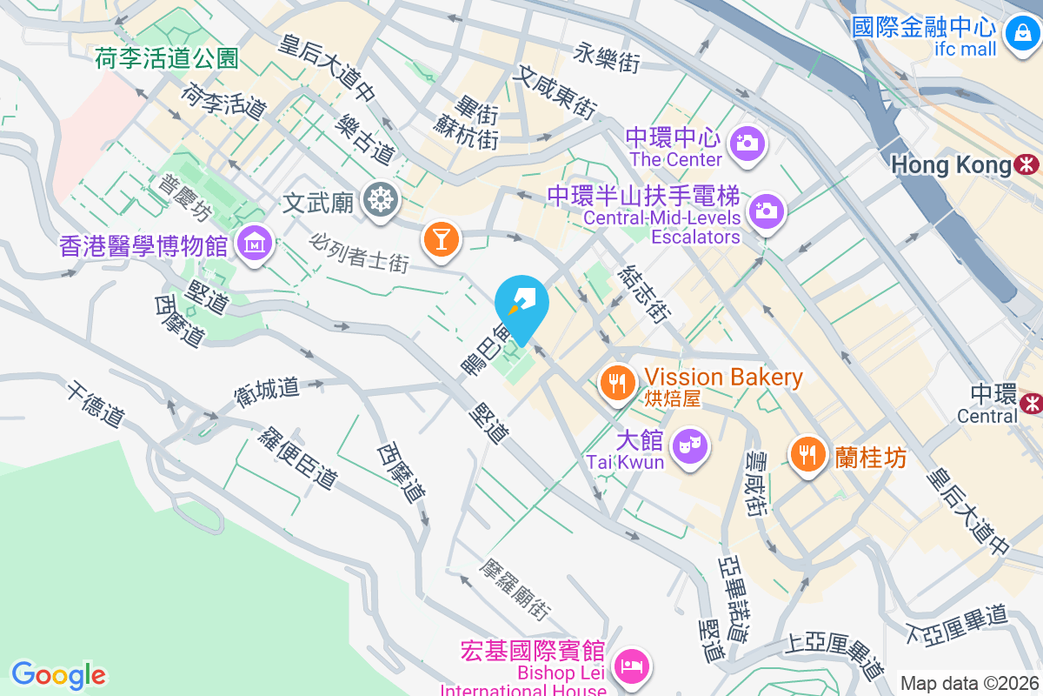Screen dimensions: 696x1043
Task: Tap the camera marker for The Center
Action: [747, 142]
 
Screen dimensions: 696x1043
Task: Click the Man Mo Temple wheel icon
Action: [381, 199]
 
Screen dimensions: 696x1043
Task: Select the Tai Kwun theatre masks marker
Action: [691, 445]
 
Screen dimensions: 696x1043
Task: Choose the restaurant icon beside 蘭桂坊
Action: [808, 452]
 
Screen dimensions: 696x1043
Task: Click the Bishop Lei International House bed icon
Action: [629, 666]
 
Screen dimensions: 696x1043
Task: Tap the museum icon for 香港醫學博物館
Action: [255, 244]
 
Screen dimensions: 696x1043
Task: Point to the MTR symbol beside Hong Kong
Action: [1028, 164]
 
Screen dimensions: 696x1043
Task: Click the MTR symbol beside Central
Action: [1032, 403]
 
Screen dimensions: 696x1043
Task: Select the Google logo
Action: [58, 674]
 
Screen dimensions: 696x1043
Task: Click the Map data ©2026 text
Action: [968, 683]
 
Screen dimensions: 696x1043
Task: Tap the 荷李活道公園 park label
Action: [167, 58]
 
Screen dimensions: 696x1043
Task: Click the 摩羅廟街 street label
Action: [515, 588]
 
